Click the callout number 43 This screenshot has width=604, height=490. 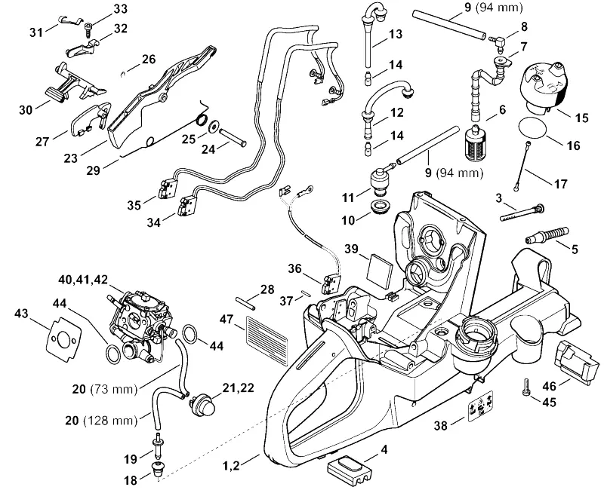(x=21, y=314)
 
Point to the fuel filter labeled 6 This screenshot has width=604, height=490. (x=473, y=142)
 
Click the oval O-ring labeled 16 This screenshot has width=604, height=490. (x=533, y=127)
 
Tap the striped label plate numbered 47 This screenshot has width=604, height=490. (x=267, y=341)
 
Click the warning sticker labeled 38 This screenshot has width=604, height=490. (x=480, y=406)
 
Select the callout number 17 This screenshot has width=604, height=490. (x=561, y=184)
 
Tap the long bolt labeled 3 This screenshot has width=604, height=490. (x=521, y=213)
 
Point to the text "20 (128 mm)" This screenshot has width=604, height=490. (x=101, y=421)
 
